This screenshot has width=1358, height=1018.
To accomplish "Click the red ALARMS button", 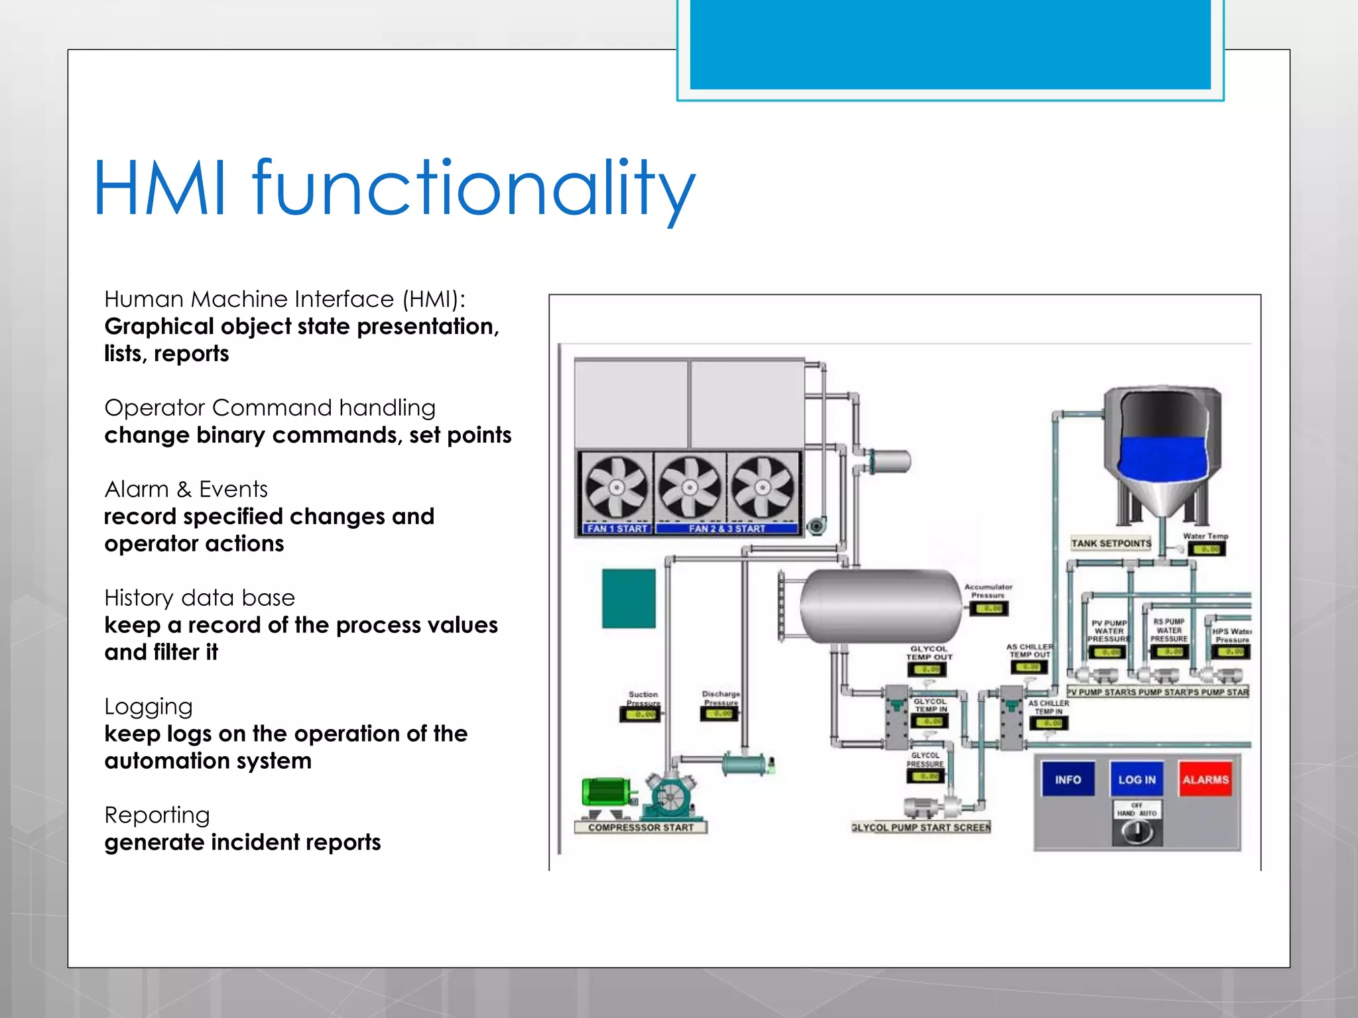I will tap(1205, 779).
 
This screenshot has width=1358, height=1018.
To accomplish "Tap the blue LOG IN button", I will tap(1137, 779).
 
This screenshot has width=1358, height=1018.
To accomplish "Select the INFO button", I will tap(1068, 779).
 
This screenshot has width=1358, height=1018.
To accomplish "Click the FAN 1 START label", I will tap(617, 528).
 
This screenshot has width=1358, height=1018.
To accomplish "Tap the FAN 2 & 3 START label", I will tap(727, 528).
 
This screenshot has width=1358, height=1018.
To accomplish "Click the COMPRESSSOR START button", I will tap(641, 827).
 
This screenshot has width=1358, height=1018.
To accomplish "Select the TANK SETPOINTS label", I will tap(1111, 543).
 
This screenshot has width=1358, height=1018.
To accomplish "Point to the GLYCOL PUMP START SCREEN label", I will tap(921, 827).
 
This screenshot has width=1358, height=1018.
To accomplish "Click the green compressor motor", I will tap(605, 792).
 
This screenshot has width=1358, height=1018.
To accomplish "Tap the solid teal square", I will tap(629, 598).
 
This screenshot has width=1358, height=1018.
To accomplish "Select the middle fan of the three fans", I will tap(690, 488).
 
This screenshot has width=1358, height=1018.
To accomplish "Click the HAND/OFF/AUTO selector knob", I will tap(1137, 832).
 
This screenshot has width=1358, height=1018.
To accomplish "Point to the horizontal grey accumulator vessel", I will tap(881, 606).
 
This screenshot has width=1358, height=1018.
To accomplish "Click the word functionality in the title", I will tap(473, 189).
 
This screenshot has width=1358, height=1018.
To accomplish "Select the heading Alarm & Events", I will tap(186, 489).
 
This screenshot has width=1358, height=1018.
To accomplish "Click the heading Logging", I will tap(149, 707).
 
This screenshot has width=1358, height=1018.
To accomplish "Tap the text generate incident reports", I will tap(243, 842).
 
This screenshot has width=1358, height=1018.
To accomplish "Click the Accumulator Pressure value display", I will tap(989, 608).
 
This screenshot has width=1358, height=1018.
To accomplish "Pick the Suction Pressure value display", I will tap(641, 714).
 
